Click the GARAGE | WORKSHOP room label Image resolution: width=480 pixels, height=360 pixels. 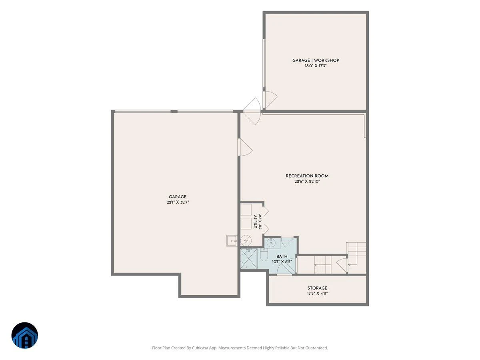pyautogui.click(x=316, y=60)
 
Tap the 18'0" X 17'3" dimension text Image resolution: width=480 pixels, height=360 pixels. pyautogui.click(x=316, y=66)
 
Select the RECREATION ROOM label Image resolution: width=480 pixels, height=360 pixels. pyautogui.click(x=307, y=176)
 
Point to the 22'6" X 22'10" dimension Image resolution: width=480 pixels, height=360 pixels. pyautogui.click(x=307, y=182)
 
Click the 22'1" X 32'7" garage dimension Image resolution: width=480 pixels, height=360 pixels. pyautogui.click(x=178, y=202)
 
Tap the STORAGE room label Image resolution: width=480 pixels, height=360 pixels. pyautogui.click(x=317, y=288)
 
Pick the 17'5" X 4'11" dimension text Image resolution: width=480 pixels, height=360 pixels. pyautogui.click(x=317, y=294)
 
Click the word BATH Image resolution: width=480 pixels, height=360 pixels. pyautogui.click(x=282, y=256)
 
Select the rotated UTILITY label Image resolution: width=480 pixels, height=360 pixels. pyautogui.click(x=256, y=222)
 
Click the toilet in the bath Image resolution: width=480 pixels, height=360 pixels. pyautogui.click(x=264, y=255)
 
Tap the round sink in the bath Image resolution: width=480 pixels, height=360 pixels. pyautogui.click(x=271, y=243)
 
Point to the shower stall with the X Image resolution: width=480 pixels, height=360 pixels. pyautogui.click(x=249, y=259)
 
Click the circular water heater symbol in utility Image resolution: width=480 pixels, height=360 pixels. pyautogui.click(x=246, y=240)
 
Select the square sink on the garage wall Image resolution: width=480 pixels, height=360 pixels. pyautogui.click(x=232, y=241)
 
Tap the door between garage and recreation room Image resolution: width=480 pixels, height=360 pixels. pyautogui.click(x=245, y=148)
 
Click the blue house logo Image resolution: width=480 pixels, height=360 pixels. pyautogui.click(x=25, y=335)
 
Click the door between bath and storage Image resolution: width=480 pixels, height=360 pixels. pyautogui.click(x=285, y=267)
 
